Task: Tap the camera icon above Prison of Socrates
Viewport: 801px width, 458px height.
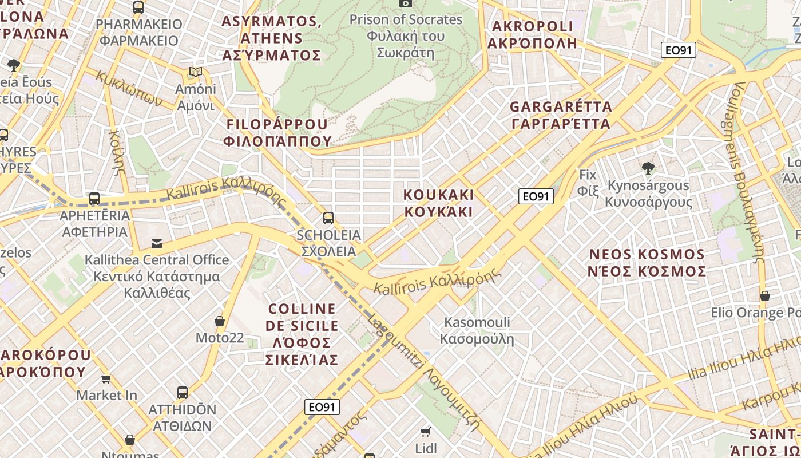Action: (406, 3)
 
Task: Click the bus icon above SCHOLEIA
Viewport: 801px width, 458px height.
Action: (328, 218)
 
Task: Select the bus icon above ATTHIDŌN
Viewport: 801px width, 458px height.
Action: (183, 393)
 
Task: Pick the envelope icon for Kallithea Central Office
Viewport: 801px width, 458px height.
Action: (156, 244)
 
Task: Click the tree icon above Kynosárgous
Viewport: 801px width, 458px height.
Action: (648, 168)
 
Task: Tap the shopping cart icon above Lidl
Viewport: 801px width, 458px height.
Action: (425, 431)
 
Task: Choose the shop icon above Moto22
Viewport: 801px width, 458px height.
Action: (220, 321)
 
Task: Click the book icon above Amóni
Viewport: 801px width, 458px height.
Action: (196, 73)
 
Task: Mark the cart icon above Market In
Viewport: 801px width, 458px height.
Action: (106, 378)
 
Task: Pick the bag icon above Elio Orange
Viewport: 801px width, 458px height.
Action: (764, 296)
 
